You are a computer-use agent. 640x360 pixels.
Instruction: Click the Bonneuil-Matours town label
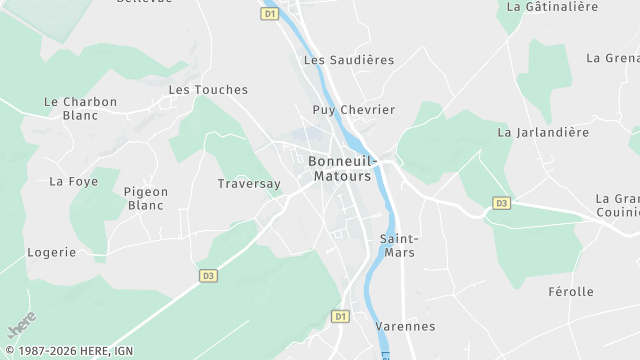pos(340,168)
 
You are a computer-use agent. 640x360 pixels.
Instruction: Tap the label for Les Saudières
pos(348,60)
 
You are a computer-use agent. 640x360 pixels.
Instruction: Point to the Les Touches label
pos(208,90)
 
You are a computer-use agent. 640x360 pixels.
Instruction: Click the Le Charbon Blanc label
pos(81,108)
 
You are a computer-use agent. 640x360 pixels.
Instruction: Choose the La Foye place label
pos(73,181)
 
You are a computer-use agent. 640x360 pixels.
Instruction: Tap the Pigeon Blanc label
pos(146,198)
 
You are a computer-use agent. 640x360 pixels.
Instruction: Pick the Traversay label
pos(249,184)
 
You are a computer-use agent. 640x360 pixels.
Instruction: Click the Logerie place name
pos(51,252)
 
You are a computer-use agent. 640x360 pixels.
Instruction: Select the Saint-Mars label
pos(398,245)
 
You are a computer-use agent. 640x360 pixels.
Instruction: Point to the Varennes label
pos(405,326)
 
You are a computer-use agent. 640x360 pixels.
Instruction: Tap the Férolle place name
pos(571,292)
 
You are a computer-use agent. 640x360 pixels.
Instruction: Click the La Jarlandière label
pos(543,132)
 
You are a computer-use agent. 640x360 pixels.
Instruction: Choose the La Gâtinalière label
pos(552,6)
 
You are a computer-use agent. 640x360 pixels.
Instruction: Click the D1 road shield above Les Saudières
pos(270,14)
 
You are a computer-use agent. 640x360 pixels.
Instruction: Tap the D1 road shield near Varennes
pos(340,316)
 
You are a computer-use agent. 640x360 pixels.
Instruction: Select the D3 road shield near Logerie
pos(208,275)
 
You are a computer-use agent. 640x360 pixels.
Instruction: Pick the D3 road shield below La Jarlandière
pos(501,203)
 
